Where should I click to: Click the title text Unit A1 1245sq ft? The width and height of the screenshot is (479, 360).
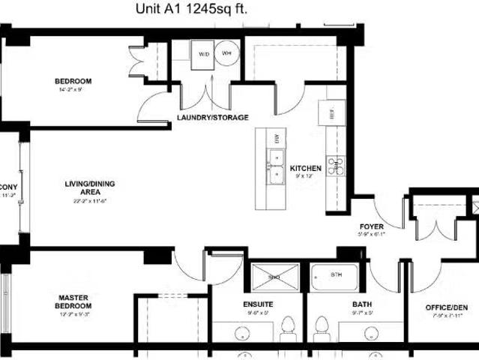[191, 9]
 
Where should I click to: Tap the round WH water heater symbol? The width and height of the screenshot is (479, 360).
[226, 54]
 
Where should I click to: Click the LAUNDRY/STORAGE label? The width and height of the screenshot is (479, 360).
[213, 118]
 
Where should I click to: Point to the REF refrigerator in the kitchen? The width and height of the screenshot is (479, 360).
[328, 112]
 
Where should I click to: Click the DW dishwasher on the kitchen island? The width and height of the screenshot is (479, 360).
[276, 138]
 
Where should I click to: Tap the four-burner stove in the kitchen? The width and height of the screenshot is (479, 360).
[334, 166]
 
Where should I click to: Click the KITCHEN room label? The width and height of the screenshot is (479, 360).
[306, 169]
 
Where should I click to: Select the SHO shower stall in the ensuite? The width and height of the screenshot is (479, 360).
[274, 277]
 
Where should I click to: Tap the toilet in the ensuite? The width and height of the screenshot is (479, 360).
[286, 327]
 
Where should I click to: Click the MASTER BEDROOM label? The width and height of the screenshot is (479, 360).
[74, 302]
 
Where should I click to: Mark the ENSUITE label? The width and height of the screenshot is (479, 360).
[258, 304]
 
